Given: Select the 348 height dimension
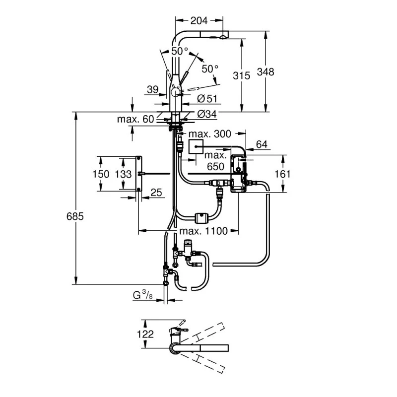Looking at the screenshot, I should click(266, 72).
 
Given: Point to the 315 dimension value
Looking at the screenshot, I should click(242, 75).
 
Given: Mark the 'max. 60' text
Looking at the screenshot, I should click(135, 119).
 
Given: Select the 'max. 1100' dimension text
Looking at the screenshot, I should click(203, 231).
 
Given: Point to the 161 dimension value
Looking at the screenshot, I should click(283, 174).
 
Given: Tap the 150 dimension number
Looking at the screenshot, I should click(101, 174).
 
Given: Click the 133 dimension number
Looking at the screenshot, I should click(123, 174).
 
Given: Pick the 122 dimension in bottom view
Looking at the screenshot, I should click(145, 334).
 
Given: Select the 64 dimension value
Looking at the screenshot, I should click(261, 144).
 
